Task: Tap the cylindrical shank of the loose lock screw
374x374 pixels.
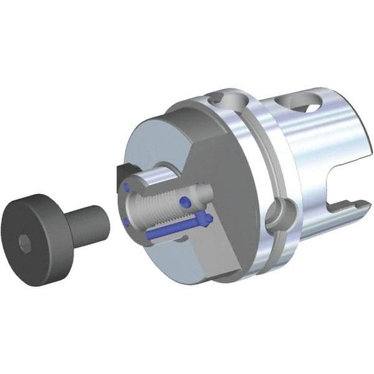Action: [x=87, y=224]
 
